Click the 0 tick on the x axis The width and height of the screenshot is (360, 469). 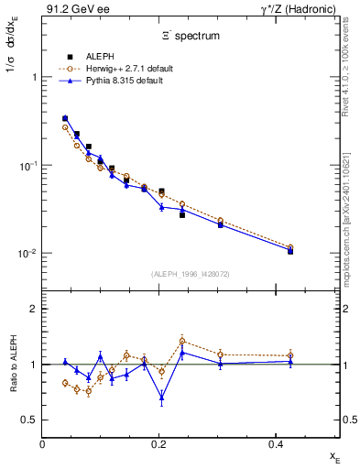pyautogui.click(x=43, y=442)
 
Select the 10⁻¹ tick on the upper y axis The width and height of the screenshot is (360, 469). pyautogui.click(x=27, y=166)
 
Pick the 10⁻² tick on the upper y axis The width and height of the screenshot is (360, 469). pyautogui.click(x=27, y=254)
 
